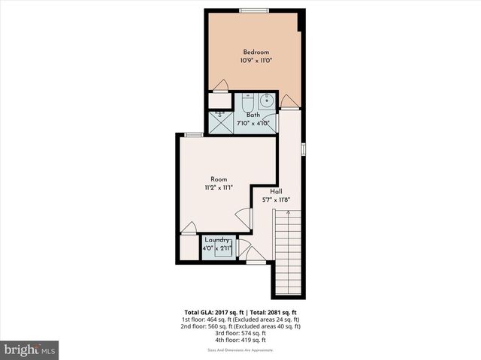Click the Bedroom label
[256, 52]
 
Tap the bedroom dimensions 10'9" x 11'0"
[256, 60]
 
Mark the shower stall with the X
[220, 118]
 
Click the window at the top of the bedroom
[253, 10]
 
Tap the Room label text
[219, 179]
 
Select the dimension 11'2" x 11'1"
[219, 187]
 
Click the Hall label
[277, 191]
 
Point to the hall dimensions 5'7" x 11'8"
[277, 199]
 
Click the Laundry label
[216, 239]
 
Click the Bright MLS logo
[30, 349]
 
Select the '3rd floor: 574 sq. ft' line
[241, 333]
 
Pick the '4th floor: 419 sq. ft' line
[241, 340]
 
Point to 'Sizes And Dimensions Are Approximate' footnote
[241, 350]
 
